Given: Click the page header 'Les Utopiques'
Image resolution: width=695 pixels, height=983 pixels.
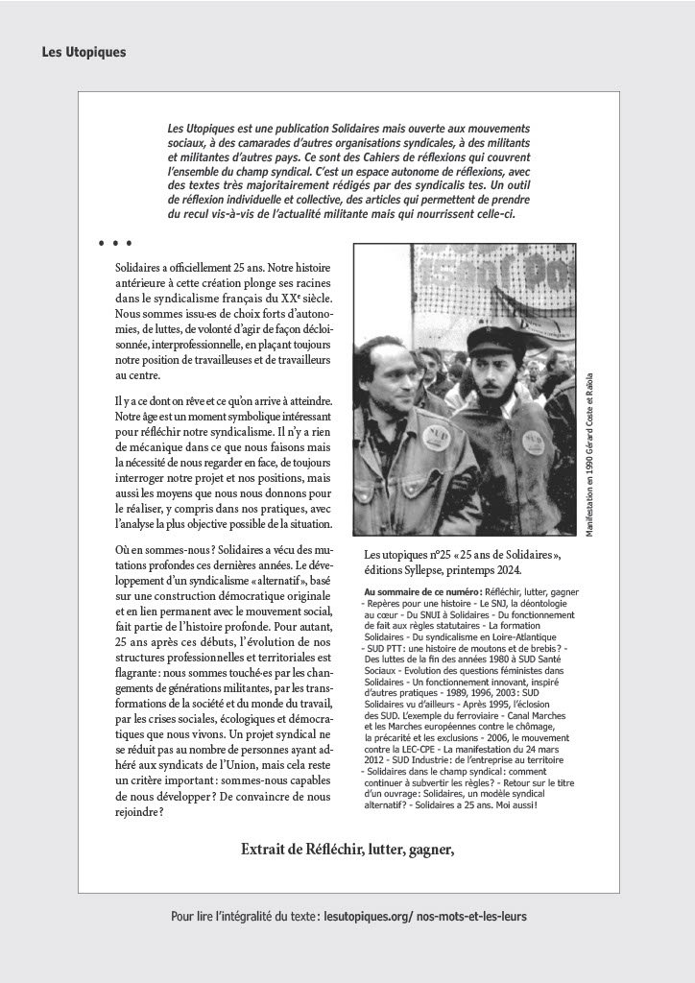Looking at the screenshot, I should pos(84,52).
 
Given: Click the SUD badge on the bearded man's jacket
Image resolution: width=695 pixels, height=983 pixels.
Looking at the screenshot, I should pos(534,441).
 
